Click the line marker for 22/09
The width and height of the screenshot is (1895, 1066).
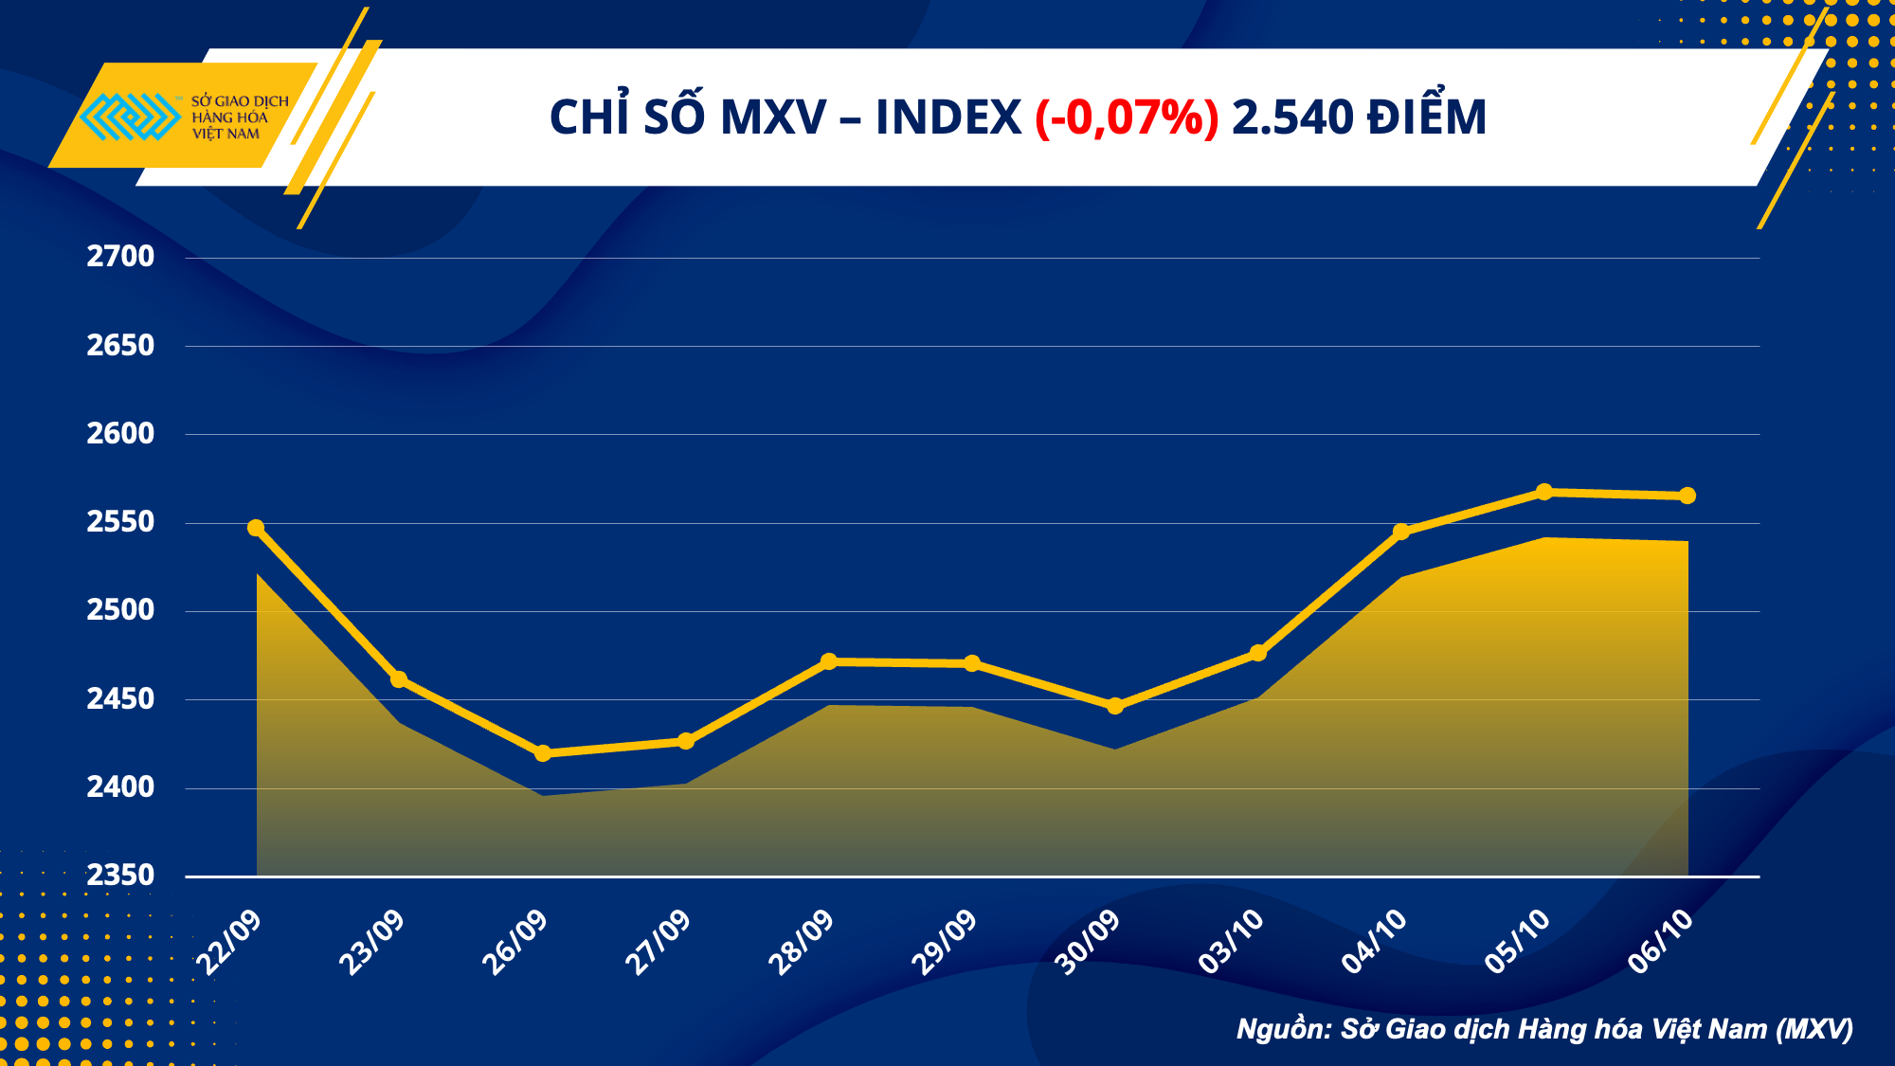[x=256, y=528]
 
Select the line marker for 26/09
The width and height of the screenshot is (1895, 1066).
[x=543, y=753]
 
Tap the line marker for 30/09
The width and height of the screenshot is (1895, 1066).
[x=1115, y=706]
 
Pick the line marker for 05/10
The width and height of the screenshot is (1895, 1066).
[x=1544, y=492]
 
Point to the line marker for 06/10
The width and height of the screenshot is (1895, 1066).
[x=1687, y=496]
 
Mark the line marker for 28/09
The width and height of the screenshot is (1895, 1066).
[x=829, y=661]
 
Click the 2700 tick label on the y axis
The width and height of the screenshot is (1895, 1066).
[x=120, y=257]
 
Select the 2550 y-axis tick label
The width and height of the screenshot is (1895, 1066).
[x=120, y=522]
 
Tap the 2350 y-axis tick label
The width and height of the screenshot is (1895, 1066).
[x=120, y=876]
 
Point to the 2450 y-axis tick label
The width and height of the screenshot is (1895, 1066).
[x=120, y=699]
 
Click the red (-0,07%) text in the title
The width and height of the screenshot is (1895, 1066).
[x=1127, y=118]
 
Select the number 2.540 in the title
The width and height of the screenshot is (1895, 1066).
[x=1292, y=118]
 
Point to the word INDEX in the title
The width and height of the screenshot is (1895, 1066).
[x=947, y=118]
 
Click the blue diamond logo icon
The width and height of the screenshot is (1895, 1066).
[x=130, y=117]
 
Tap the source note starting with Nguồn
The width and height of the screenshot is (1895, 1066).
[x=1544, y=1029]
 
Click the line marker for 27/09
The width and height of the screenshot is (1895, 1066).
[x=686, y=741]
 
